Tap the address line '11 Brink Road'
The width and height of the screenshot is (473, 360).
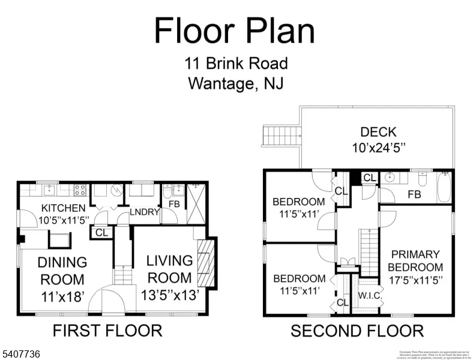point(236,63)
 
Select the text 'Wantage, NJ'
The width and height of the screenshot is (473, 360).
point(236,83)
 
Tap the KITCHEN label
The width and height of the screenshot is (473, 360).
point(63,208)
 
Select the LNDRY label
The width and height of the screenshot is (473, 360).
point(145,212)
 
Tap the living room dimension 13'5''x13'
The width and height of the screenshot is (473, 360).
point(169,295)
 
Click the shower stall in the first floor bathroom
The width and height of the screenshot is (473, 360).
point(196,203)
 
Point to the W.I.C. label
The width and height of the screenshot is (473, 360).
point(367,295)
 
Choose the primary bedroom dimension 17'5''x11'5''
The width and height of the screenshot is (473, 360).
point(415,280)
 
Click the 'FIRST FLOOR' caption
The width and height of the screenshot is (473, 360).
point(107,331)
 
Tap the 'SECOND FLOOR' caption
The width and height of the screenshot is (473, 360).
point(357,331)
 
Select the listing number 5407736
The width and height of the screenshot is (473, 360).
point(20,355)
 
